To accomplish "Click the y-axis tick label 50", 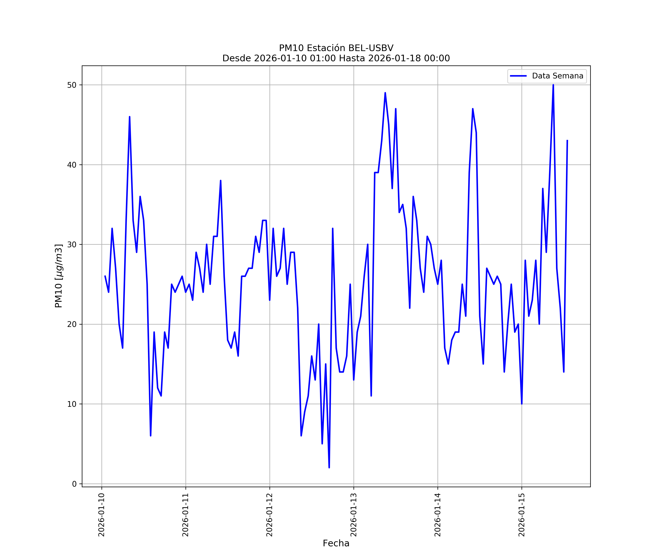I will point(72,85).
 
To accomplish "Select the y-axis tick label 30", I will point(72,245).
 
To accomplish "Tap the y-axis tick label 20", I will point(72,324).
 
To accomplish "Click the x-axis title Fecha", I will point(336,543).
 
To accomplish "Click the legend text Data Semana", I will point(558,76).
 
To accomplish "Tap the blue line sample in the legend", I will point(518,76).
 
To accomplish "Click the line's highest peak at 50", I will point(553,85).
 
